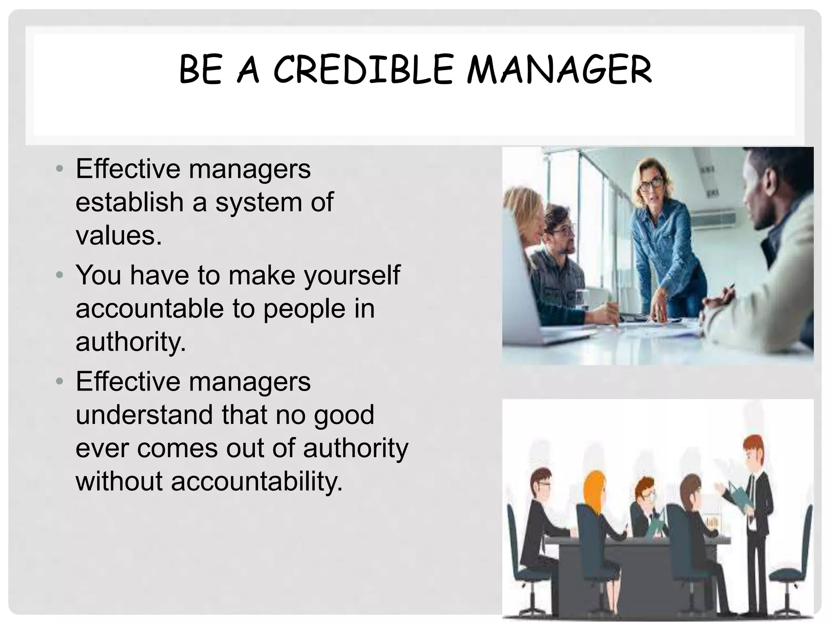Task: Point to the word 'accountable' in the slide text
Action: click(150, 309)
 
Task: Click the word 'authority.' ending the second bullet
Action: click(130, 342)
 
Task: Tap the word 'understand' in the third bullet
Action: click(144, 415)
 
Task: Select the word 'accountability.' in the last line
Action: click(257, 482)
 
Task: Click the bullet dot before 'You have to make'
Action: click(60, 275)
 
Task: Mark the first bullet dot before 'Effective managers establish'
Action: click(60, 168)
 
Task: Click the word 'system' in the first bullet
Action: click(259, 202)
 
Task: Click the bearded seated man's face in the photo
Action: click(561, 233)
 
